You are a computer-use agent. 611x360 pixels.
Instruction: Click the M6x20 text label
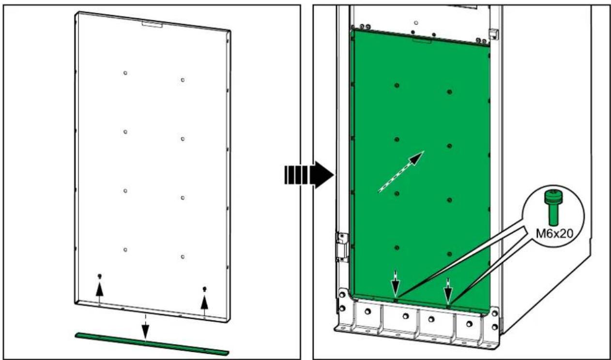pos(554,234)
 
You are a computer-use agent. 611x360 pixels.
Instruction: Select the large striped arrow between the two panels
pos(309,175)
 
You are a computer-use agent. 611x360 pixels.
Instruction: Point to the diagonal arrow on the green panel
pos(401,172)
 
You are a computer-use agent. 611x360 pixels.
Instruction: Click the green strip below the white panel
pos(152,344)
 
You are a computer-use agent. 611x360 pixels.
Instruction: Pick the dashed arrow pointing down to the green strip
pos(145,327)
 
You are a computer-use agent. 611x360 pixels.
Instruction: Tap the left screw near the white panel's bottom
pos(100,276)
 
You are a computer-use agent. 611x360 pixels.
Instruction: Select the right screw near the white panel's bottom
pos(205,289)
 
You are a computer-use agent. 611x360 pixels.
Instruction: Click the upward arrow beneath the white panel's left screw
pos(99,293)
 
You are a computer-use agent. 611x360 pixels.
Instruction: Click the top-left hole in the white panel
pos(125,73)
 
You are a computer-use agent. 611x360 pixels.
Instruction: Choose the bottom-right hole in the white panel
pos(183,257)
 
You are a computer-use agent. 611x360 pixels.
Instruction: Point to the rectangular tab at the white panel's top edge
pos(152,25)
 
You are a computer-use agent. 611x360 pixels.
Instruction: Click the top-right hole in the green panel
pos(449,92)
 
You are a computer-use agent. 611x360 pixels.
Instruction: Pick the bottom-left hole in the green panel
pos(397,248)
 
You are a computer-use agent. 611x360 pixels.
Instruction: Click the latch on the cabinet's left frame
pos(342,248)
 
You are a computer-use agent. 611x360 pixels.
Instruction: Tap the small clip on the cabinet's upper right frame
pos(494,33)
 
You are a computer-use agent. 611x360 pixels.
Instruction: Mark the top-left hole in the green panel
pos(397,85)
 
